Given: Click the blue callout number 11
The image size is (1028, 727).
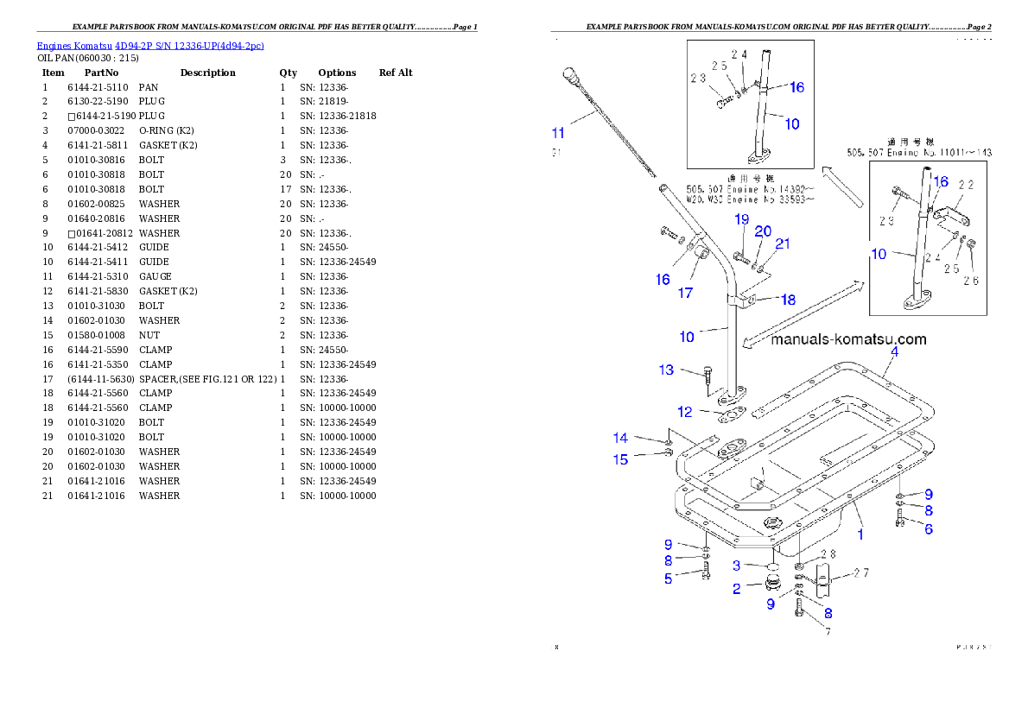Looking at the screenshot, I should [558, 133].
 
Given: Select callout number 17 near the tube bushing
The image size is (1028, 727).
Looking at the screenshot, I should [685, 293].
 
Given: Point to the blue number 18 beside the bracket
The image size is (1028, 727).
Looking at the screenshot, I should [788, 300].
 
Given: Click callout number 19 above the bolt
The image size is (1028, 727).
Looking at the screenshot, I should [741, 219].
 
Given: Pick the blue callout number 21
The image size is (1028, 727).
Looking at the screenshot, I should [782, 244].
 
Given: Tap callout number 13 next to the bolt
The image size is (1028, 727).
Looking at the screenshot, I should [666, 370].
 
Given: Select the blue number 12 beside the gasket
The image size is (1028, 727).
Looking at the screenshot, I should [685, 412].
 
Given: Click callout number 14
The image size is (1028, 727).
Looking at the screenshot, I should [620, 439].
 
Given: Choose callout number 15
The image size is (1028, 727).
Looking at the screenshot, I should [620, 459].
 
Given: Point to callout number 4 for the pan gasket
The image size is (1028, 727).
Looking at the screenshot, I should [894, 352].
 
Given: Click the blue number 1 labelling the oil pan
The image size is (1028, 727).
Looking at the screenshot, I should [860, 534].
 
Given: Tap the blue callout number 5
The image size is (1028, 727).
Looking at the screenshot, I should [668, 578].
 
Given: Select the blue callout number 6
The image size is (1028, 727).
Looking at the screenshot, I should [929, 528].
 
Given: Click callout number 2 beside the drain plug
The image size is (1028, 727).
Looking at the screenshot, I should [736, 589].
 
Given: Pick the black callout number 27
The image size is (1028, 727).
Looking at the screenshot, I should [861, 572].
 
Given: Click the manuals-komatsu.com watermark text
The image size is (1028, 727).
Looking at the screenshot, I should [848, 339].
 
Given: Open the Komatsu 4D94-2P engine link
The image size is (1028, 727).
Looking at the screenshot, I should [150, 45].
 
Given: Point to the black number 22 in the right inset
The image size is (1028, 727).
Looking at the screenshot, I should [966, 185].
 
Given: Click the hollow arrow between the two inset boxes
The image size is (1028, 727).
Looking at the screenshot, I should [843, 186].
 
